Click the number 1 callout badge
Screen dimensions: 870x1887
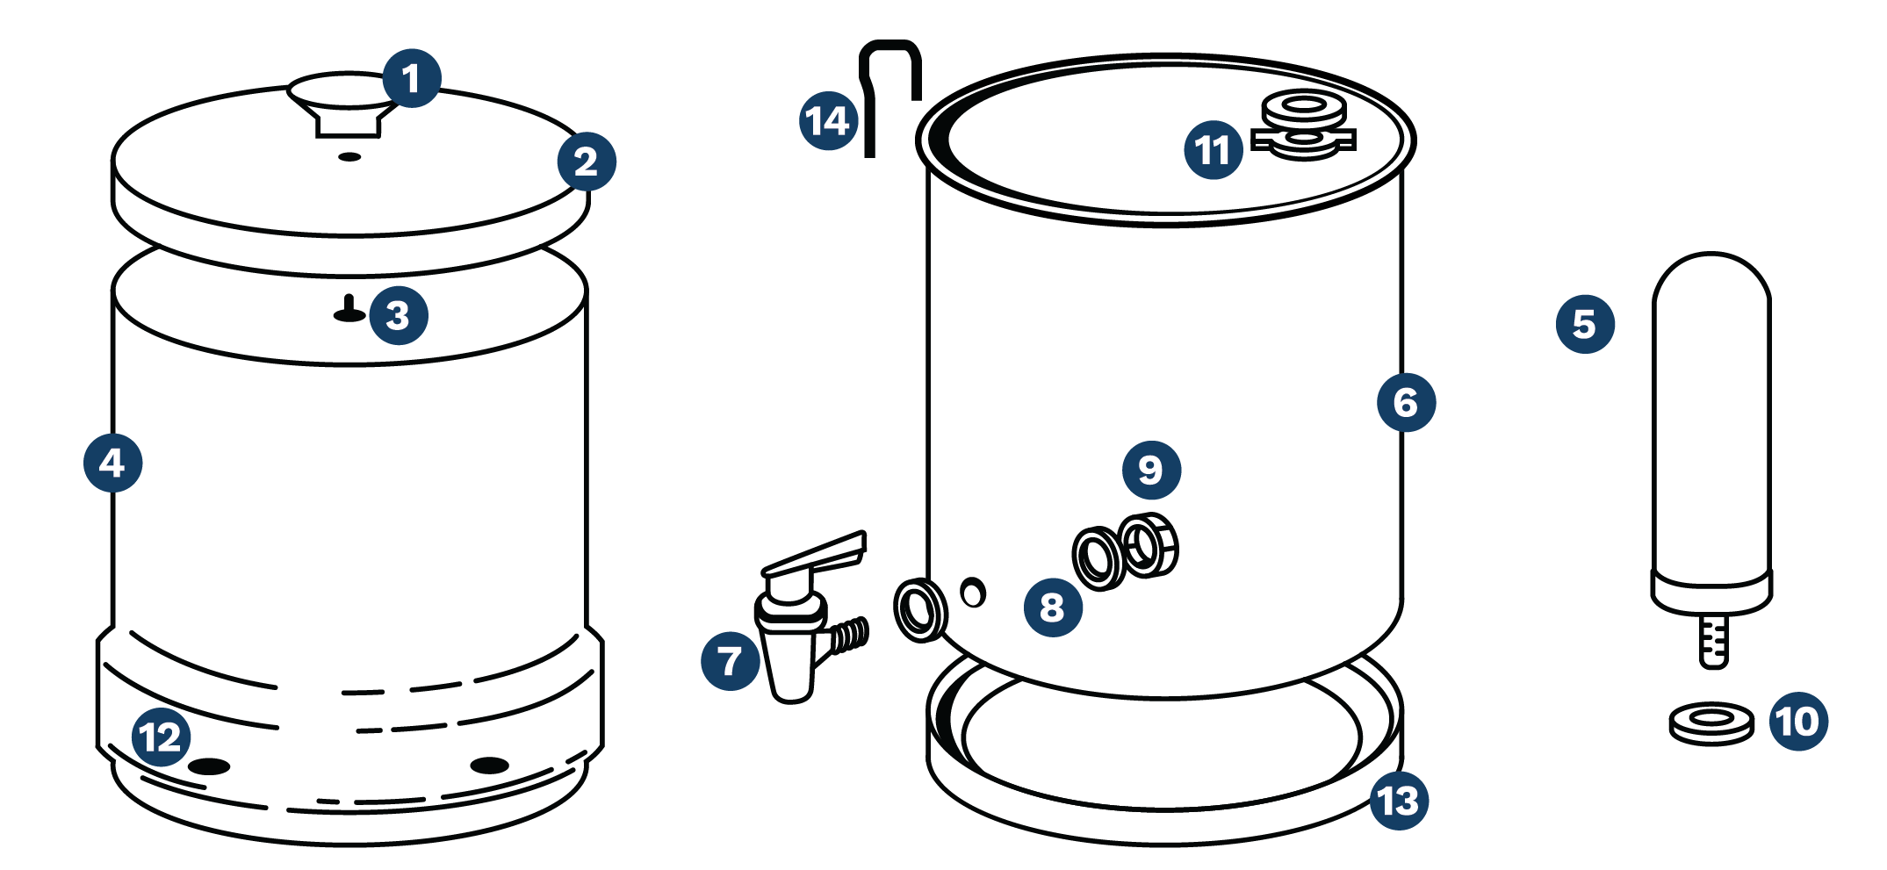coord(411,79)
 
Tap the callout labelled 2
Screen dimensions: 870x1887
coord(587,162)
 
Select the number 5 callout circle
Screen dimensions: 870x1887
coord(1585,324)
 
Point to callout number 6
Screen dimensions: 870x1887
coord(1406,403)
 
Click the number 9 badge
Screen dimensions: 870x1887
coord(1151,470)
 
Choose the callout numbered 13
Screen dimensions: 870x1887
coord(1399,800)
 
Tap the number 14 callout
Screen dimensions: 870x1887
coord(828,121)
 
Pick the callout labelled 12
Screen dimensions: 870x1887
coord(162,737)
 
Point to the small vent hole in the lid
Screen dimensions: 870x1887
coord(349,157)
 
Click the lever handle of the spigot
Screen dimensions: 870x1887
coord(817,554)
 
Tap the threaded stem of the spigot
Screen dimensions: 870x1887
coord(849,635)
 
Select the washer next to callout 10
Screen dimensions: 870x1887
coord(1711,722)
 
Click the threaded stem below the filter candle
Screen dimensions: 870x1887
coord(1713,641)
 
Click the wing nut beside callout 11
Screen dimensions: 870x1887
coord(1304,127)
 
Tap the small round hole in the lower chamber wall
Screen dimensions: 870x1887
coord(973,593)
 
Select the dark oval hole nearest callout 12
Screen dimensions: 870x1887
coord(209,766)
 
